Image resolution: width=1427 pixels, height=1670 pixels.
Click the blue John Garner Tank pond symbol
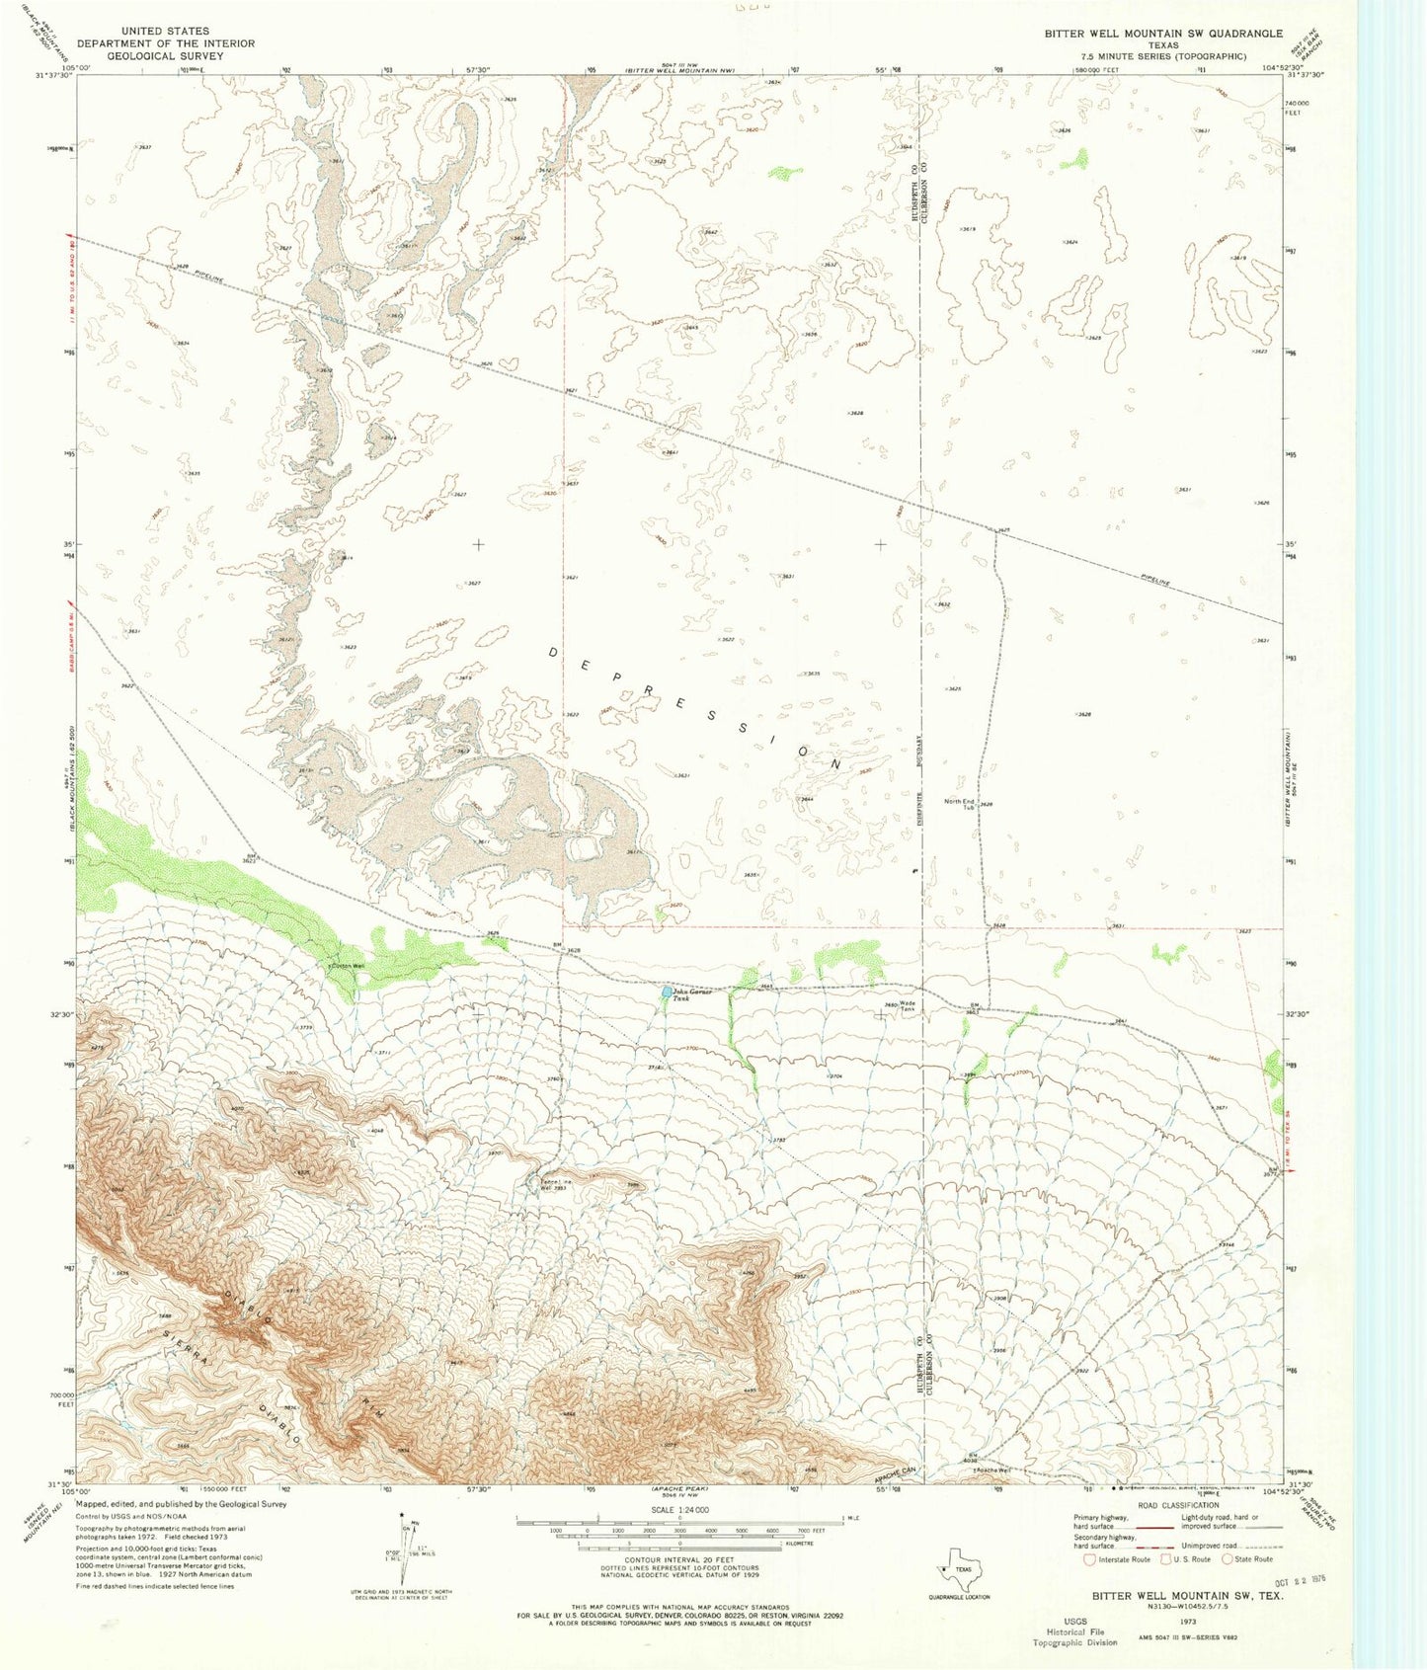click(667, 991)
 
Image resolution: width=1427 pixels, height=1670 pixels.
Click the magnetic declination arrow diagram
click(403, 1551)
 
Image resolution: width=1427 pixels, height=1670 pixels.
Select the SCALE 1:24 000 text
click(679, 1510)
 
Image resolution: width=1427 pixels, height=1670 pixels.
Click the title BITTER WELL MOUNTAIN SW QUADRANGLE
click(1163, 34)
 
